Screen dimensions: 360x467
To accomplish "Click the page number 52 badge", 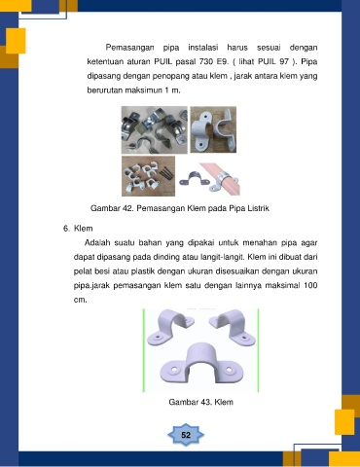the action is tap(186, 435).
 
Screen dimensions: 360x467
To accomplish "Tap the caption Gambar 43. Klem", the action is tap(200, 402).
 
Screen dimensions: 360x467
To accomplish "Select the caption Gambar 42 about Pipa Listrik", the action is tap(180, 208).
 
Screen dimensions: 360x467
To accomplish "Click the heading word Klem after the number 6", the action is tap(84, 229).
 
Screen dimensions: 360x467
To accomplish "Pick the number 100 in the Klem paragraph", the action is tap(310, 285).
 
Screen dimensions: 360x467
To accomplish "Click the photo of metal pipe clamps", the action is tap(155, 129).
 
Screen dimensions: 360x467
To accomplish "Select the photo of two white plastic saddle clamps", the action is tap(213, 129).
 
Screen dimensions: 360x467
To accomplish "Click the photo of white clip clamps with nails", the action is tap(148, 176).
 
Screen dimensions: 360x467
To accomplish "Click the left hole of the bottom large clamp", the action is tap(174, 370).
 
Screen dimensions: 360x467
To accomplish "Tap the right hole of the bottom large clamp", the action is tap(229, 370).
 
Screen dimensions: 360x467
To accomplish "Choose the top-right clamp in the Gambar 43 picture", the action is tap(233, 327).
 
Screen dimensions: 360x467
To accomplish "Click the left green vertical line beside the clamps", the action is tap(144, 350).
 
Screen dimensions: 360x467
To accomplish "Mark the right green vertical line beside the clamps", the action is tap(258, 350).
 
